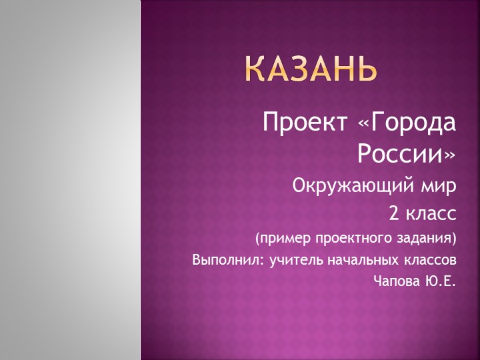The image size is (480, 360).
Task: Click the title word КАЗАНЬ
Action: click(310, 69)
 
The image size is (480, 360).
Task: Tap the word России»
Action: click(407, 155)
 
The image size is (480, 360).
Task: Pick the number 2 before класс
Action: click(394, 214)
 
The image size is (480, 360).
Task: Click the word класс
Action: click(431, 214)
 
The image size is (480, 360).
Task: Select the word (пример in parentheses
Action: click(277, 238)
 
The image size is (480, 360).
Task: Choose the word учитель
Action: click(293, 259)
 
